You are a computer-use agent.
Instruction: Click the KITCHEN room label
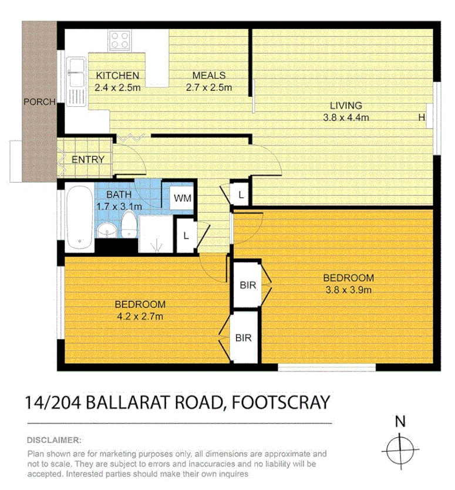tap(118, 76)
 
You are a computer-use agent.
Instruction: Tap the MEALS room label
tap(209, 76)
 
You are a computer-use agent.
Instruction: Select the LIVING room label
tap(345, 106)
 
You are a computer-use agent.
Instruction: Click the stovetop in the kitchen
tap(120, 40)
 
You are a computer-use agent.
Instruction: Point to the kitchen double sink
tap(75, 82)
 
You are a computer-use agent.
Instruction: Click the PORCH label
tap(39, 102)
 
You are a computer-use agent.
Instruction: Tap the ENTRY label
tap(88, 160)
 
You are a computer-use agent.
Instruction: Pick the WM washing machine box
tap(182, 198)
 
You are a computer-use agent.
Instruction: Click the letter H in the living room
tap(421, 117)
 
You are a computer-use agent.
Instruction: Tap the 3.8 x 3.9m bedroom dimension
tap(348, 289)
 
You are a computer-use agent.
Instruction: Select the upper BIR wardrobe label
tap(248, 285)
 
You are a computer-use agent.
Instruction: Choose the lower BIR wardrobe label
tap(243, 338)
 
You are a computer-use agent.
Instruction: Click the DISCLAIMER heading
tap(55, 440)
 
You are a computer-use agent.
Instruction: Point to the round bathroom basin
tap(106, 229)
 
